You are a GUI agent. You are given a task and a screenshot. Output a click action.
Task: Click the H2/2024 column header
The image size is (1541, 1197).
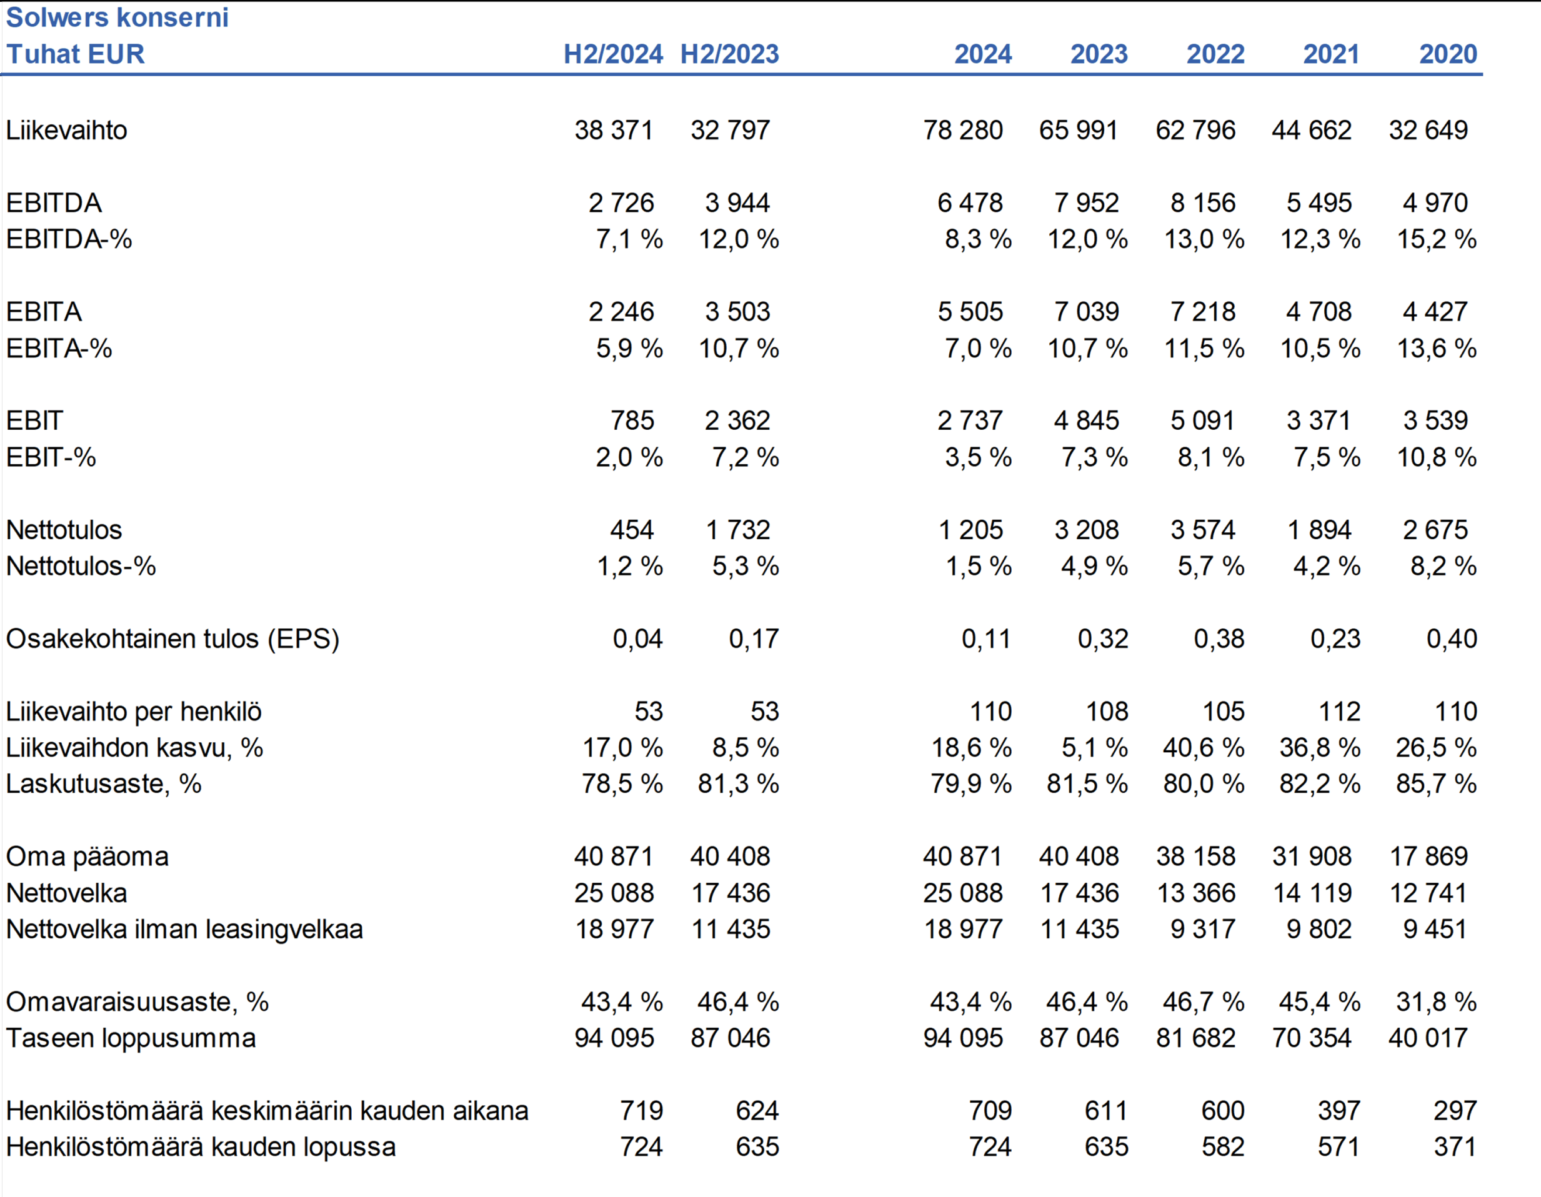[612, 54]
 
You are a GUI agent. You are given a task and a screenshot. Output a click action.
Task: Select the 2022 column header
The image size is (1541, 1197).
[1215, 54]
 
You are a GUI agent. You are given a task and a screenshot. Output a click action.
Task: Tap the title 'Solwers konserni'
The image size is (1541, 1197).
[117, 17]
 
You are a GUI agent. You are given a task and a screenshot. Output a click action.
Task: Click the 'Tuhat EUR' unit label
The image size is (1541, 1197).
[76, 54]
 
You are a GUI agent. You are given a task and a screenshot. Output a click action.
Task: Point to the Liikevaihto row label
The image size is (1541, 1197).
[66, 131]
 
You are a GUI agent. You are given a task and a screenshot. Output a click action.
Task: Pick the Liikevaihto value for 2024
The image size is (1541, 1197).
[962, 131]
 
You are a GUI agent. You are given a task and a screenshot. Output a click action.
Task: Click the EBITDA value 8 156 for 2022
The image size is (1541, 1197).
[1203, 203]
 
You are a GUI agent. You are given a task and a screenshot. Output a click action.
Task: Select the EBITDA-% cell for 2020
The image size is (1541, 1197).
[1437, 239]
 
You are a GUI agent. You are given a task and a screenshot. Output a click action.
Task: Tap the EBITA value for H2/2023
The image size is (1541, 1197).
[737, 312]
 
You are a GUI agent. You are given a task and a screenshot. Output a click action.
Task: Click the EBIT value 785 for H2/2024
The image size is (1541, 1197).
[632, 420]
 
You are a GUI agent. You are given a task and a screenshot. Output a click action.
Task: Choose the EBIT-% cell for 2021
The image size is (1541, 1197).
[1327, 457]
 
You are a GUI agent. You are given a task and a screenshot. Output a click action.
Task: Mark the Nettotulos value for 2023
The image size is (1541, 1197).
[1087, 530]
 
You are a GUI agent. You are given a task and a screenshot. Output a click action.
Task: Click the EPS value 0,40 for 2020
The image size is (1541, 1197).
[1452, 639]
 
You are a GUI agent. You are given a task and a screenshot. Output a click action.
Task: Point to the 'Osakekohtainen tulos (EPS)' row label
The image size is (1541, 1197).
[173, 639]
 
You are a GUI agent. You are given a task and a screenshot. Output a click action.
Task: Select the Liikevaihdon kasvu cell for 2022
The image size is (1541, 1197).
[1204, 748]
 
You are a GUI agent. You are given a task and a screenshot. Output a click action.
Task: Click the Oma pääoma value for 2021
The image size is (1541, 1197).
[1312, 857]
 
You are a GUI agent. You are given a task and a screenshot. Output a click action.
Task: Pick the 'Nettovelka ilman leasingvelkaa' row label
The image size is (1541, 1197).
[184, 930]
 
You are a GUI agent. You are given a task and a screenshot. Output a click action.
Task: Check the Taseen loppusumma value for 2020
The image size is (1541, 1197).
[1428, 1038]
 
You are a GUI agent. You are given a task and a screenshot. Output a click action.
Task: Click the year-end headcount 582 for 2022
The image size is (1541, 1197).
[1223, 1147]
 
